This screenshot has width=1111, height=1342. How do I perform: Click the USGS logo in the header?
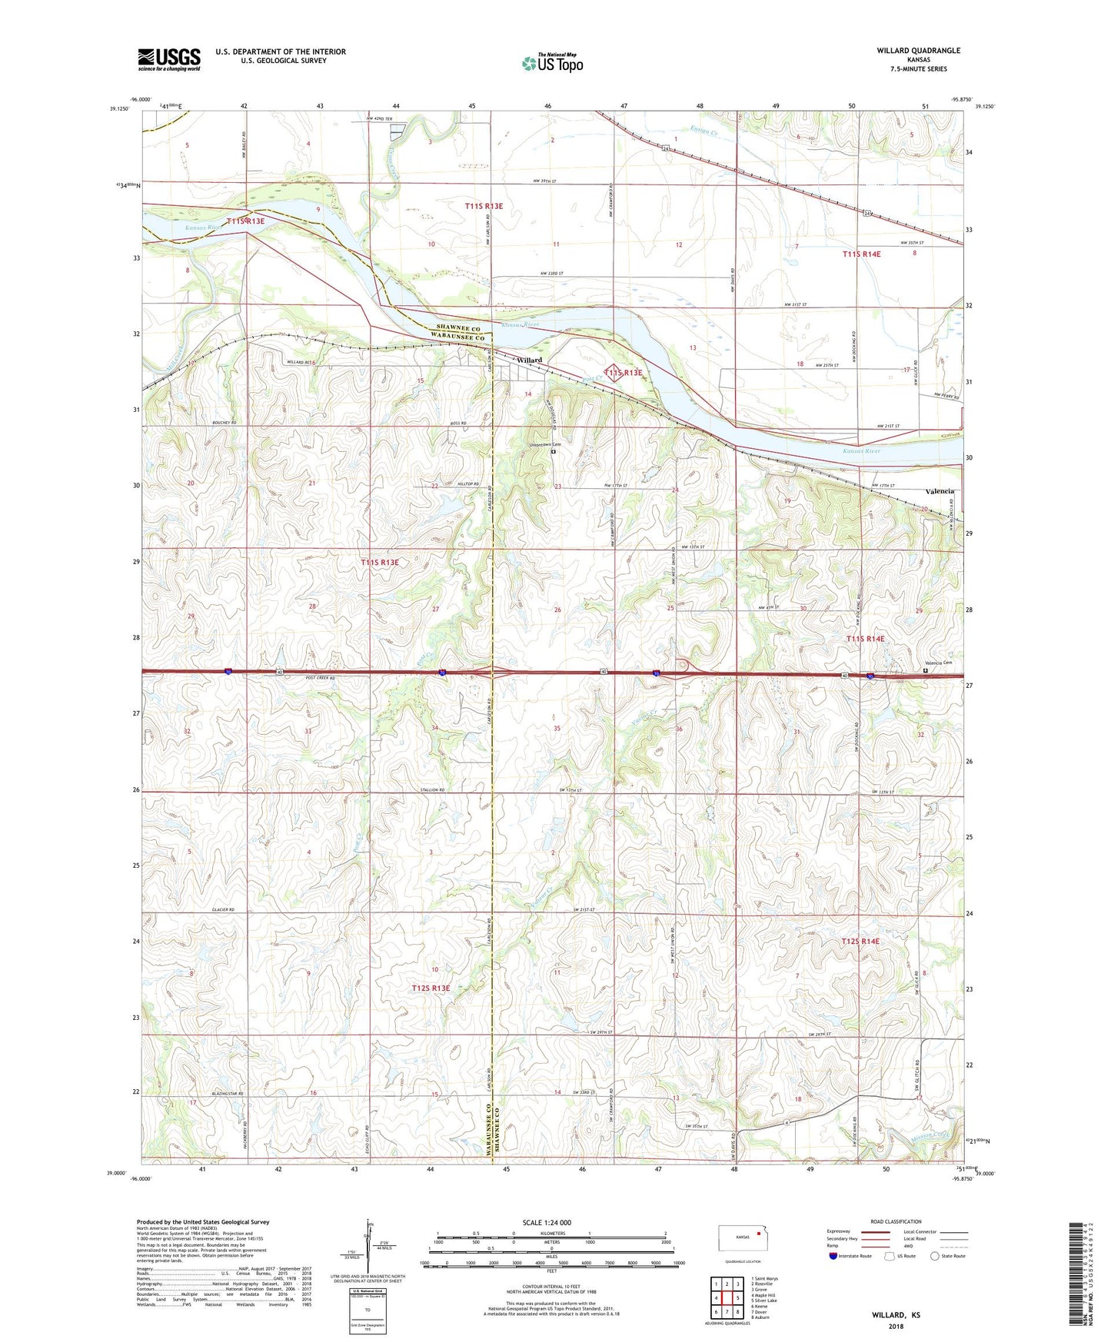pyautogui.click(x=169, y=58)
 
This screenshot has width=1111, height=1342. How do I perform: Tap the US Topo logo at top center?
pyautogui.click(x=552, y=63)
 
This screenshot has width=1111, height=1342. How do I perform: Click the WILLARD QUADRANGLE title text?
pyautogui.click(x=918, y=51)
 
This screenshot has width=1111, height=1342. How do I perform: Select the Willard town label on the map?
pyautogui.click(x=529, y=360)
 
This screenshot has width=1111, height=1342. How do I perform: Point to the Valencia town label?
pyautogui.click(x=940, y=491)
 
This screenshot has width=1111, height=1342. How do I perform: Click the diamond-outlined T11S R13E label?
pyautogui.click(x=623, y=372)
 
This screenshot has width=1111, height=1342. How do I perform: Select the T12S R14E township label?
pyautogui.click(x=860, y=941)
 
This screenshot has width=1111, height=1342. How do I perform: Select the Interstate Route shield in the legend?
pyautogui.click(x=833, y=1256)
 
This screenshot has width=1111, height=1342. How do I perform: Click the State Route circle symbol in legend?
pyautogui.click(x=934, y=1256)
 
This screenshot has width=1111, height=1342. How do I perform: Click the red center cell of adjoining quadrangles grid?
pyautogui.click(x=727, y=1298)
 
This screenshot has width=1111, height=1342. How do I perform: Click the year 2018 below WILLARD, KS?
pyautogui.click(x=896, y=1326)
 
